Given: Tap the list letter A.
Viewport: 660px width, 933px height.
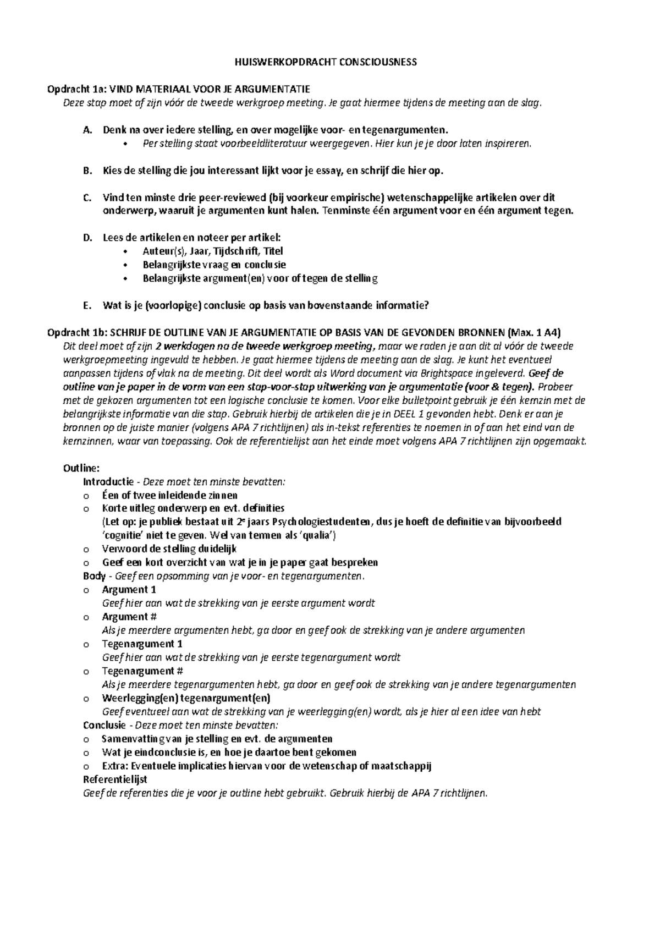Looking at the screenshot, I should coord(86,130).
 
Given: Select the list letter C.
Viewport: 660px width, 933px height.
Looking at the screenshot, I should coord(86,197).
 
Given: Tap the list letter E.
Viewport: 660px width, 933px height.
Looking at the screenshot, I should coord(86,305).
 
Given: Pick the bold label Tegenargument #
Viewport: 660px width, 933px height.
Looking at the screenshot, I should coord(142,671).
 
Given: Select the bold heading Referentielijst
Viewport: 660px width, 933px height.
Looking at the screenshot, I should coord(115,780).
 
